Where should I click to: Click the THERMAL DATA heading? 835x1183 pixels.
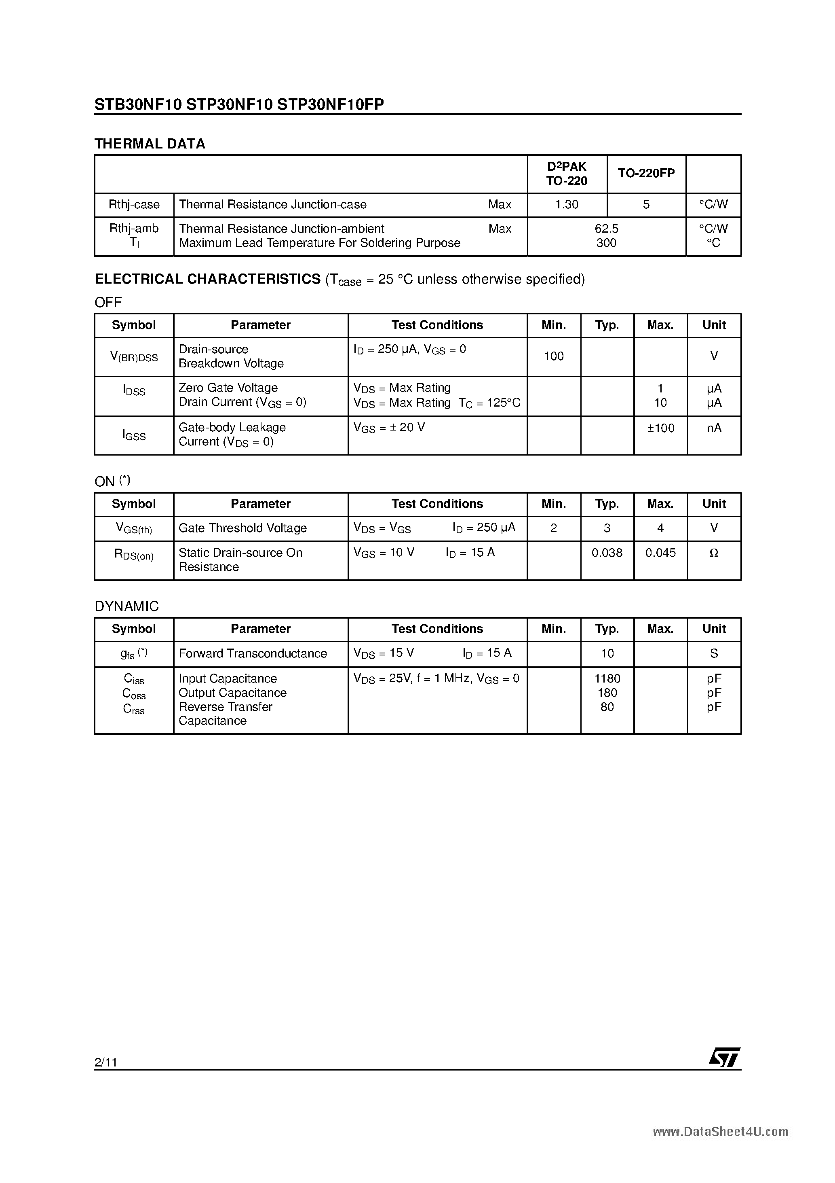pyautogui.click(x=150, y=144)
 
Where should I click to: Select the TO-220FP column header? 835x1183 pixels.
pyautogui.click(x=646, y=174)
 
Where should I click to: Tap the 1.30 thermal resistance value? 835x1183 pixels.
pyautogui.click(x=567, y=205)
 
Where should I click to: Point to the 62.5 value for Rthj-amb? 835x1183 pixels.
pyautogui.click(x=606, y=228)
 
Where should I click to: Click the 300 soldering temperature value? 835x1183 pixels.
pyautogui.click(x=606, y=243)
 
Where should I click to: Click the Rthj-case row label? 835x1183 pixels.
pyautogui.click(x=134, y=205)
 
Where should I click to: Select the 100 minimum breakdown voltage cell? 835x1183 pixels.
pyautogui.click(x=554, y=356)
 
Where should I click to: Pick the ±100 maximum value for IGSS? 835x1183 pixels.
pyautogui.click(x=660, y=428)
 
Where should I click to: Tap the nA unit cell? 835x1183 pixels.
pyautogui.click(x=714, y=428)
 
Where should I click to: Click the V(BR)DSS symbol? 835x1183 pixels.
pyautogui.click(x=134, y=356)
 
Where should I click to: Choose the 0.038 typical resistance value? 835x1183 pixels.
pyautogui.click(x=607, y=553)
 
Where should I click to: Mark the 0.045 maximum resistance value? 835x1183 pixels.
pyautogui.click(x=660, y=553)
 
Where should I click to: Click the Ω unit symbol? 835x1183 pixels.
pyautogui.click(x=714, y=553)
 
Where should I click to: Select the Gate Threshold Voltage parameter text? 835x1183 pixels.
pyautogui.click(x=242, y=528)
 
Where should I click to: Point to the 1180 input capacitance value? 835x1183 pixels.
pyautogui.click(x=607, y=678)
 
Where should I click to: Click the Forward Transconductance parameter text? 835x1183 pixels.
pyautogui.click(x=253, y=653)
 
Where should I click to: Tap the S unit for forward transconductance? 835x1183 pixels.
pyautogui.click(x=714, y=653)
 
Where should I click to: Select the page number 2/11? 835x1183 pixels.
pyautogui.click(x=106, y=1062)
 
